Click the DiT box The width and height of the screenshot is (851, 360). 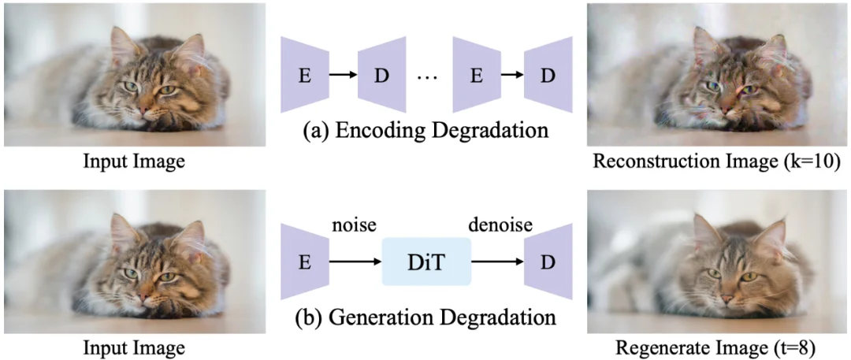tap(426, 261)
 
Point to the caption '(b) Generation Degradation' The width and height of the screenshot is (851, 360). tap(426, 319)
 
